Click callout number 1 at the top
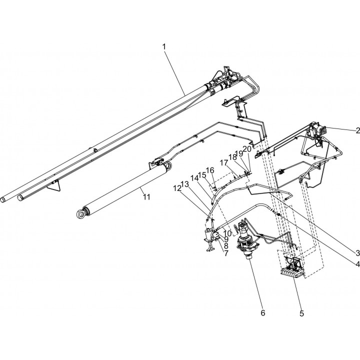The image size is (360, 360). coord(164,47)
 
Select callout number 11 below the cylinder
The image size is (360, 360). coord(146,197)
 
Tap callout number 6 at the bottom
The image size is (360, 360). coord(262,312)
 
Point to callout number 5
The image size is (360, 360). coord(301,313)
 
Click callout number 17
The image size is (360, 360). coord(224,163)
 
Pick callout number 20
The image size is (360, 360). coord(247,149)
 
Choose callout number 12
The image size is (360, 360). coord(177,188)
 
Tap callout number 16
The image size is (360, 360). coord(210,170)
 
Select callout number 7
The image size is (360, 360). coord(226,253)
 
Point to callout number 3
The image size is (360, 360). coord(357,253)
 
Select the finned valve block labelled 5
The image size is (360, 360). coord(292,266)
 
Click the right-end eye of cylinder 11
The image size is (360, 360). coord(168,166)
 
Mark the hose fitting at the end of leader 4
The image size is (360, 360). coord(279,214)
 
